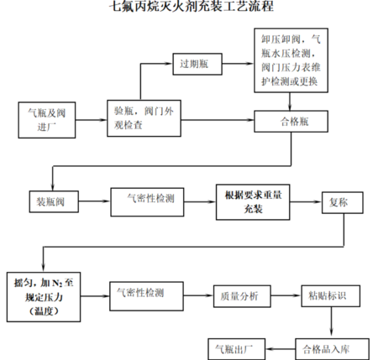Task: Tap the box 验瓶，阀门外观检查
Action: click(139, 119)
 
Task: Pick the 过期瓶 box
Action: click(197, 63)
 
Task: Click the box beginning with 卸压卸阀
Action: click(291, 61)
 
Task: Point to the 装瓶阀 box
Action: click(52, 202)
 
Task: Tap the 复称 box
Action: click(335, 202)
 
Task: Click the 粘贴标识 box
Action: click(332, 295)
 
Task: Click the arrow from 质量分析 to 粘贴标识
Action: click(286, 295)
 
